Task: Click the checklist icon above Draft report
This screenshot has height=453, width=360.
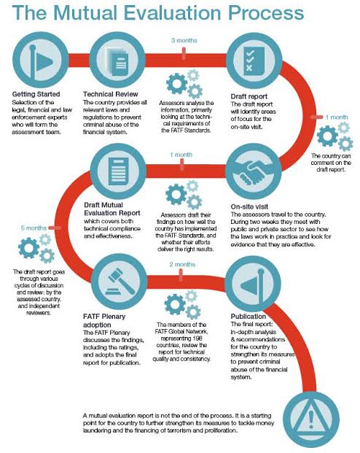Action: click(x=254, y=61)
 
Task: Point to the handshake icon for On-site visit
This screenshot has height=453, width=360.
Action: click(x=253, y=172)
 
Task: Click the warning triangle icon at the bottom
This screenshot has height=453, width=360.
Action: click(x=311, y=419)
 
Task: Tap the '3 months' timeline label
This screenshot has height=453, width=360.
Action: click(x=184, y=40)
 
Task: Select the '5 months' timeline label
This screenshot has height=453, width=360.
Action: click(x=34, y=228)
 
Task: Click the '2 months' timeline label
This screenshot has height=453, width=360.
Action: click(x=182, y=264)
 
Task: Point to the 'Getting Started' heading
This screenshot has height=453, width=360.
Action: click(x=36, y=94)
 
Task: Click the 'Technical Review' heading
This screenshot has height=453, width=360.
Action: click(x=111, y=94)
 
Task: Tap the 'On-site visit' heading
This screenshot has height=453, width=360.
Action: click(x=249, y=206)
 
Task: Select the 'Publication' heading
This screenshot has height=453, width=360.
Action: click(x=248, y=317)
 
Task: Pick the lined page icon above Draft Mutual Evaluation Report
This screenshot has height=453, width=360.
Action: click(x=118, y=171)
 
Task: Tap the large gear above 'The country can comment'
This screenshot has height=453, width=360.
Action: click(x=327, y=136)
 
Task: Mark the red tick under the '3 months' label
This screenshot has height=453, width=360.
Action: click(x=184, y=54)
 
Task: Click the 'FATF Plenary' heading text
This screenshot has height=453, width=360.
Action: click(x=104, y=317)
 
